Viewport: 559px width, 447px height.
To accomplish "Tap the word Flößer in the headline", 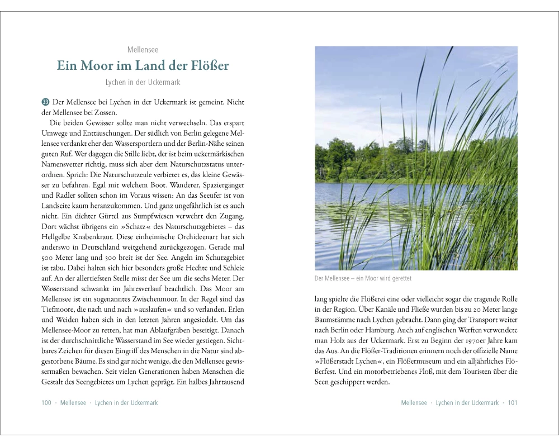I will coord(207,65).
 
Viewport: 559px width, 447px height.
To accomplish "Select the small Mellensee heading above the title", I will coord(143,50).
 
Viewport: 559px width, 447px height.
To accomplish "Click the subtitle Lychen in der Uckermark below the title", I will coord(143,82).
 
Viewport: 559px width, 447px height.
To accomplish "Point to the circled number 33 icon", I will coord(45,102).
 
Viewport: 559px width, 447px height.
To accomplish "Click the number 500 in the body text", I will coord(49,258).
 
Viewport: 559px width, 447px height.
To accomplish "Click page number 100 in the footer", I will coord(46,403).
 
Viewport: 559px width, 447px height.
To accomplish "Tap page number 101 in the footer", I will coord(513,403).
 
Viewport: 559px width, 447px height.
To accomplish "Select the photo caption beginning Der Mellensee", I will coord(363,278).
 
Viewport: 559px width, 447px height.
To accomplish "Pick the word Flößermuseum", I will coord(406,361).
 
